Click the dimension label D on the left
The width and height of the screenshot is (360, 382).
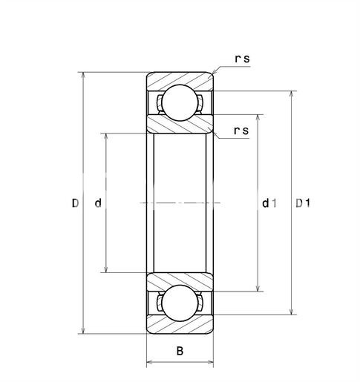(75, 203)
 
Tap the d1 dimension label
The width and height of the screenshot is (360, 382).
(269, 203)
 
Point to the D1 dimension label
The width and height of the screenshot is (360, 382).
(303, 203)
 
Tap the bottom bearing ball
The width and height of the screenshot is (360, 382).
(180, 304)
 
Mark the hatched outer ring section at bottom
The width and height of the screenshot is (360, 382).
(180, 327)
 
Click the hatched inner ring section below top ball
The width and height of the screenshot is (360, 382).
(180, 126)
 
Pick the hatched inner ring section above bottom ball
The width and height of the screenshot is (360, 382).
(180, 280)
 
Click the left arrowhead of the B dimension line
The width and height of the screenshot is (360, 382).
(149, 363)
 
